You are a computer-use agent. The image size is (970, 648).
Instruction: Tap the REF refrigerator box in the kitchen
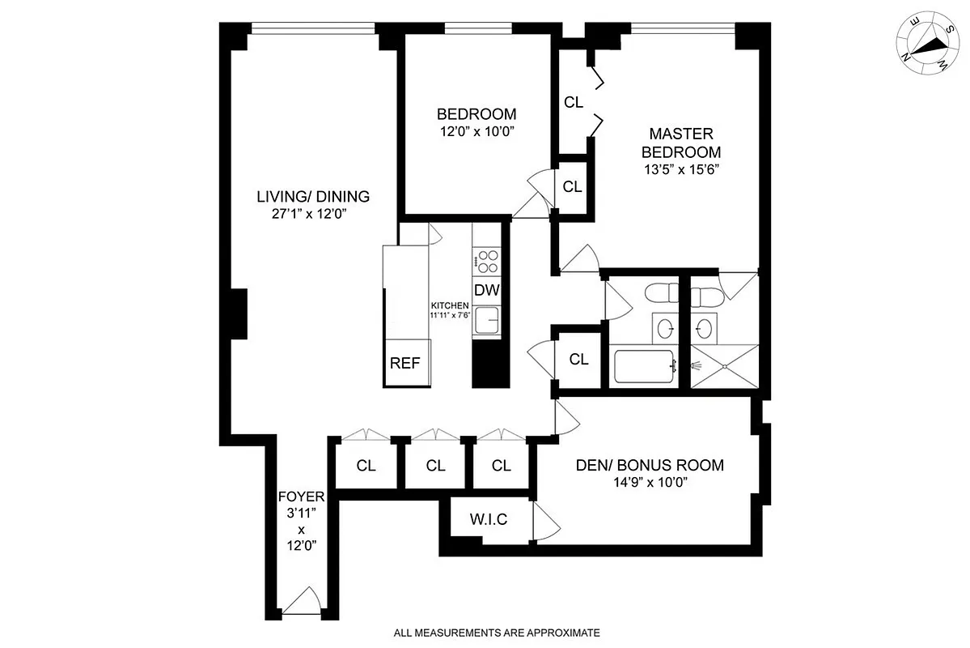pos(405,362)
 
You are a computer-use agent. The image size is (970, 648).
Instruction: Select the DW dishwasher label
pos(485,290)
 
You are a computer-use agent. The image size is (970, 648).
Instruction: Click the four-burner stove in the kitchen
pos(487,262)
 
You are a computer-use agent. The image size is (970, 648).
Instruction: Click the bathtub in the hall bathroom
pos(645,367)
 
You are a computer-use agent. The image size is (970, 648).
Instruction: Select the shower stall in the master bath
pos(725,365)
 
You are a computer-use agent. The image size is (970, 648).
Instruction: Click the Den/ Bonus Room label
pos(650,466)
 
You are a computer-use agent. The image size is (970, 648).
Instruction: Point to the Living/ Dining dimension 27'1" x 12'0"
pos(313,215)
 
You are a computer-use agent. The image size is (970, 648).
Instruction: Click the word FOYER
pos(301,497)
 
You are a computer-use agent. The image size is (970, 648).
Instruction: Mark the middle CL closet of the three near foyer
pos(435,466)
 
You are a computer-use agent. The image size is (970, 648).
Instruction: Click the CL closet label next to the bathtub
pos(578,360)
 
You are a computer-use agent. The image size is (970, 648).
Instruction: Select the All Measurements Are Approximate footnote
pos(497,633)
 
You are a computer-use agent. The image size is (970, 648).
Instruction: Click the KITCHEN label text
pos(450,305)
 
